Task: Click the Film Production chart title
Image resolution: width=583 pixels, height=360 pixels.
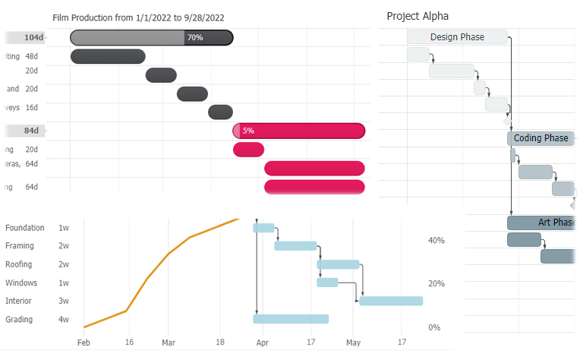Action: click(138, 17)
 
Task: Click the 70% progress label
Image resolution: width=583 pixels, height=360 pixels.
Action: click(195, 37)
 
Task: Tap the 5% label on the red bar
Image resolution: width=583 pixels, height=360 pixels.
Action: click(248, 131)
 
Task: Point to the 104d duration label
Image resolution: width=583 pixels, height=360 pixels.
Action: click(33, 37)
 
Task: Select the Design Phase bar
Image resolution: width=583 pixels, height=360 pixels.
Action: click(457, 37)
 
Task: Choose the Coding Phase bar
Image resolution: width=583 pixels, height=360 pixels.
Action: click(540, 138)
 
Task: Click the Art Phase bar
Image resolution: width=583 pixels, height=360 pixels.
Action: click(540, 223)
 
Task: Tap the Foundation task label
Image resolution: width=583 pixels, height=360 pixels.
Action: click(25, 228)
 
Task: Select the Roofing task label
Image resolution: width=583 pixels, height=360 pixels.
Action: click(19, 264)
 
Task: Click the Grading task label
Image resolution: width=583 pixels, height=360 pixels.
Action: click(19, 320)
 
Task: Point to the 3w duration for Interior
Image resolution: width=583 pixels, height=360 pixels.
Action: click(64, 301)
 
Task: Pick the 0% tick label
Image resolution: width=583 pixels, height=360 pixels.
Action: click(434, 327)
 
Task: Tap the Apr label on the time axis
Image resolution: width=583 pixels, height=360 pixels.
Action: click(263, 343)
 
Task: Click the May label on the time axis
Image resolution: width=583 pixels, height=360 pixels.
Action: click(353, 343)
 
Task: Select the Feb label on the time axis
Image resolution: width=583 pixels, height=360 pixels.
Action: click(84, 343)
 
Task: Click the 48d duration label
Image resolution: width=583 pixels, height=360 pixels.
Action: click(31, 56)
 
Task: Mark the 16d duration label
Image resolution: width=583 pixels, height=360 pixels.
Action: click(31, 107)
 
